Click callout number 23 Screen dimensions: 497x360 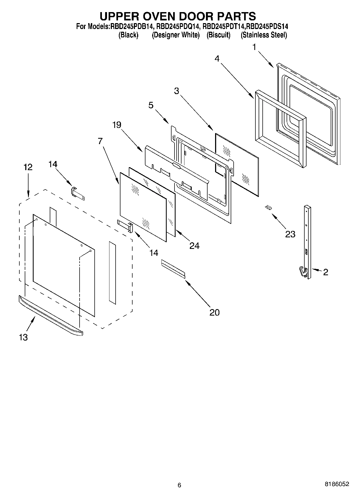point(290,234)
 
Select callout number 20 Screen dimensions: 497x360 point(214,312)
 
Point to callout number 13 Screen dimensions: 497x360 point(23,337)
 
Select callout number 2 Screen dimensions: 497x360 point(326,272)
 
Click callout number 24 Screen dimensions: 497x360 point(194,246)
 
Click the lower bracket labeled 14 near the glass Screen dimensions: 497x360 point(125,226)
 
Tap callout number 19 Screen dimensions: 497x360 point(117,125)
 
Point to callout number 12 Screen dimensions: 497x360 point(28,167)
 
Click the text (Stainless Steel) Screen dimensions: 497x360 point(264,35)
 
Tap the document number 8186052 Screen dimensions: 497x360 point(337,484)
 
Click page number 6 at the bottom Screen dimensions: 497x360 point(179,485)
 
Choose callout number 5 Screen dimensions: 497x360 point(151,105)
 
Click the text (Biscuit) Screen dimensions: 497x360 point(218,35)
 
